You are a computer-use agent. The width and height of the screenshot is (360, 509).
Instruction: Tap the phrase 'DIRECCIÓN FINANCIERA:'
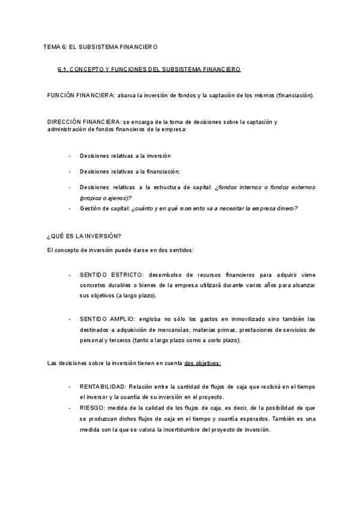(84, 122)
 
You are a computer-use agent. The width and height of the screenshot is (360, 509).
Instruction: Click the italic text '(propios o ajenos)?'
(106, 197)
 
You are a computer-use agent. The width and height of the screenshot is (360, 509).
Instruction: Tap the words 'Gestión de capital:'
(104, 208)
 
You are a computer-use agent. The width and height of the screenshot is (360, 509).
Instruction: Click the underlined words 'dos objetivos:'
(203, 363)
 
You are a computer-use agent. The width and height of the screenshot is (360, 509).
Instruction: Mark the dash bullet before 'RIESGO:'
(70, 408)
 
